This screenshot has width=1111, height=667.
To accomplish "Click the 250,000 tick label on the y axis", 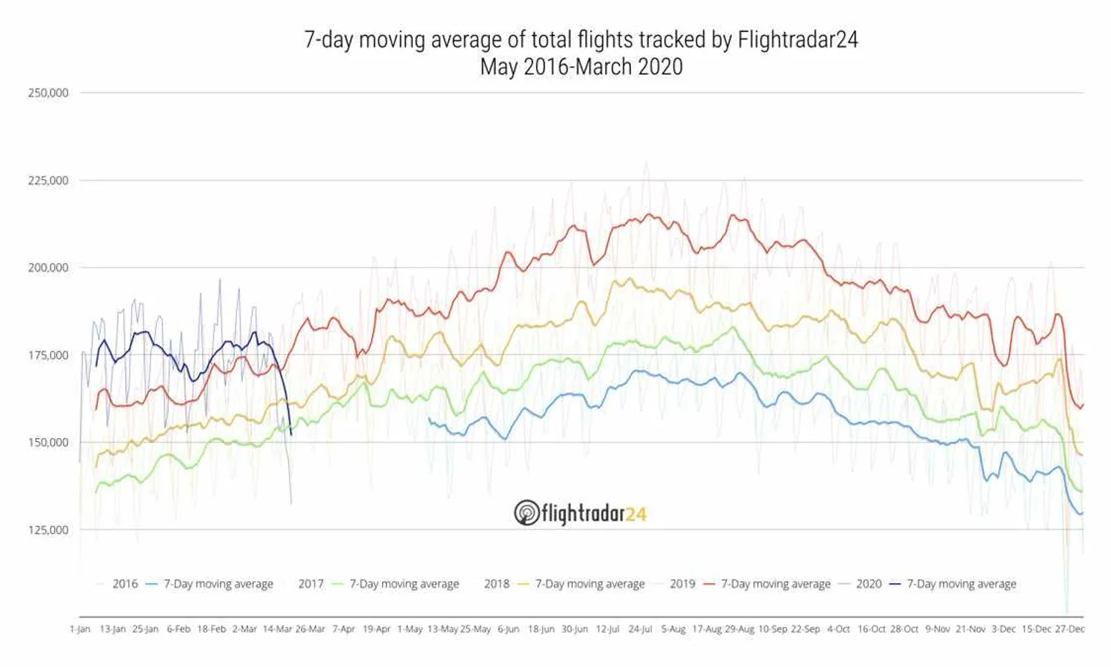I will coord(48,93).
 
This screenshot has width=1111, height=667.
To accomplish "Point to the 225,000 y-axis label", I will coord(48,180).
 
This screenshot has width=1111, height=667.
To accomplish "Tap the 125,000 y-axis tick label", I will coord(48,530).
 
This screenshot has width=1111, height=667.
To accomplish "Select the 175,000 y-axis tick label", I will coord(48,355).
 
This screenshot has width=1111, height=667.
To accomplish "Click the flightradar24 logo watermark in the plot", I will coord(580,513).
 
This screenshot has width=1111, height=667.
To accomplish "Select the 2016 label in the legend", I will coord(124,584).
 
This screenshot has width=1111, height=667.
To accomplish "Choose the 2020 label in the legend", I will coord(868,584).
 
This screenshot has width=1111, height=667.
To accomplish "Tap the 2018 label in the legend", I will coord(496,584).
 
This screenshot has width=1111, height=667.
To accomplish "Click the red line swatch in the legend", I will coord(709,584).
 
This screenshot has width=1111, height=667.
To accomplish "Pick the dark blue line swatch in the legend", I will coord(895,584).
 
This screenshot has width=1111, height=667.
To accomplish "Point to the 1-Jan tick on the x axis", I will coord(80,629).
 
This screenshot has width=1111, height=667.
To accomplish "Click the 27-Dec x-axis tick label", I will coord(1070,629).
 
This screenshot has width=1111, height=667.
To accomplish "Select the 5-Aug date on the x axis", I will coord(673,629).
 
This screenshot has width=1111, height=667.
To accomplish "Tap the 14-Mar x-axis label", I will coord(278,629).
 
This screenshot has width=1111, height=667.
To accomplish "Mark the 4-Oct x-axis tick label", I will coord(838,629).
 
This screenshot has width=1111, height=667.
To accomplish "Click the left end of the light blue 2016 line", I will coord(429,419).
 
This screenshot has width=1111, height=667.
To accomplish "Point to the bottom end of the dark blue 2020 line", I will coord(291,434).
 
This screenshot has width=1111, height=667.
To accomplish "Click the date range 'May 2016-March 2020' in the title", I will coord(581,67).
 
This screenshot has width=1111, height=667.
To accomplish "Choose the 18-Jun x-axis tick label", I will coord(541,629).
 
